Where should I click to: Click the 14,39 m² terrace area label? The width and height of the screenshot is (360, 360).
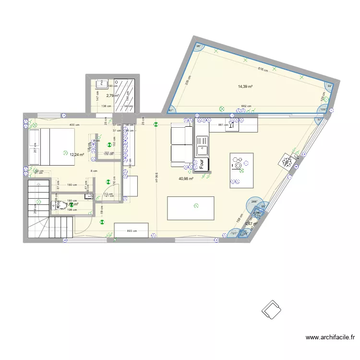click(x=245, y=86)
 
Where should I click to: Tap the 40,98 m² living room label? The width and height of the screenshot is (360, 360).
click(x=186, y=179)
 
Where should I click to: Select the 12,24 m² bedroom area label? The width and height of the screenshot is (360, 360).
click(x=77, y=155)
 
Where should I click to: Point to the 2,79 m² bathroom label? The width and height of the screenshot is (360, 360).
click(x=112, y=96)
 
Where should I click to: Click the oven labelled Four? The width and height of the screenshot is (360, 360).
click(x=202, y=164)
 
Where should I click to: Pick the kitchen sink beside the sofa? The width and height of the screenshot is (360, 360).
click(x=201, y=142)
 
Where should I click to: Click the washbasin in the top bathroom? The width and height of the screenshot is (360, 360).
click(x=102, y=84)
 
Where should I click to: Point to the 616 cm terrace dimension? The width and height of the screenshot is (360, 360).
click(x=262, y=70)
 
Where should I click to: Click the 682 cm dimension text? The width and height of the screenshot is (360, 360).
click(x=245, y=107)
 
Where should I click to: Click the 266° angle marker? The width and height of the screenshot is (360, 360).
click(x=254, y=202)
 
